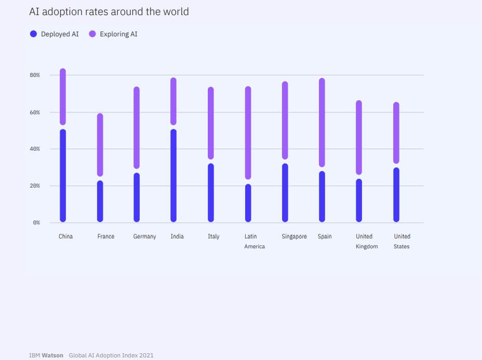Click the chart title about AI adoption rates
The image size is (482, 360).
[109, 11]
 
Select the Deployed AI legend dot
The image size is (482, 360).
[33, 34]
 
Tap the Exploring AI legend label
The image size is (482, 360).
[118, 34]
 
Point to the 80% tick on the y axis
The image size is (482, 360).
[34, 75]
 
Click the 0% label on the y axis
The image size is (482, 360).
[36, 223]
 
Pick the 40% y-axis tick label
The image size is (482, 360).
[34, 149]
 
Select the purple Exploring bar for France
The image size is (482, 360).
[100, 145]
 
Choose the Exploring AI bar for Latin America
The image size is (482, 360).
[248, 132]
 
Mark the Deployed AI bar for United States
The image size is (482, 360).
[396, 195]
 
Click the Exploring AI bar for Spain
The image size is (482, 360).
[322, 123]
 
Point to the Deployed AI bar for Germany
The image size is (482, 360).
[137, 197]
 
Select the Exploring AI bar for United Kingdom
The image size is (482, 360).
[359, 138]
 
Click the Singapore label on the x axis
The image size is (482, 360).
[294, 236]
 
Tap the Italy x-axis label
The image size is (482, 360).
[213, 236]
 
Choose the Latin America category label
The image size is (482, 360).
[254, 241]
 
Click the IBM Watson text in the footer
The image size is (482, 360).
[46, 355]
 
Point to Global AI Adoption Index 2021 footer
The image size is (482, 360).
[111, 355]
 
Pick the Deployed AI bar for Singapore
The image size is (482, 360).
[285, 193]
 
